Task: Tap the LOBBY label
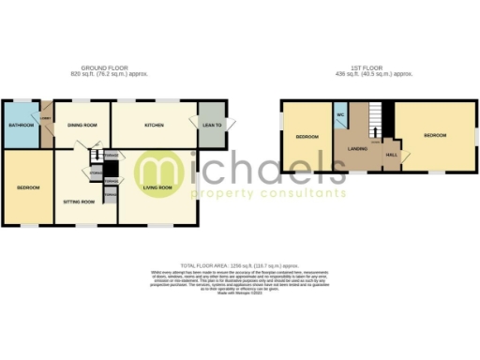45,118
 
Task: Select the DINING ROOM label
82,125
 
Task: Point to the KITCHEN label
155,125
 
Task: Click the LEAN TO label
212,125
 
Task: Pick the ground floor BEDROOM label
28,187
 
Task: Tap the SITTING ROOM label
79,202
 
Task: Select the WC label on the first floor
340,116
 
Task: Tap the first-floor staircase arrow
375,117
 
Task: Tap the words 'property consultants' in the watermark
268,193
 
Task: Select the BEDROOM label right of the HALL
435,136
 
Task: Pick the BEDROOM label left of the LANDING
307,137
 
